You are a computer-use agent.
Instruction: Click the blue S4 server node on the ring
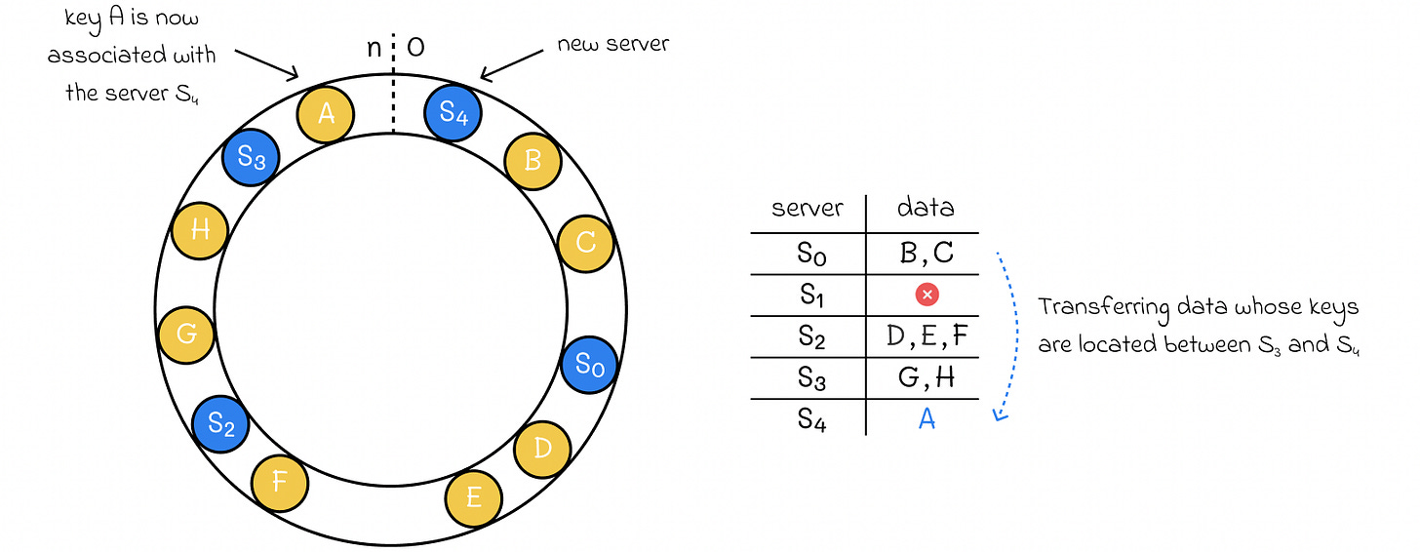click(453, 112)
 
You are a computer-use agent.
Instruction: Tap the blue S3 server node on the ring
click(251, 159)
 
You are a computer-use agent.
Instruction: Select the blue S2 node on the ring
click(220, 424)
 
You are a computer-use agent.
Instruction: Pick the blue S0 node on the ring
click(589, 365)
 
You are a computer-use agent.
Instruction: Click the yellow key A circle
click(326, 115)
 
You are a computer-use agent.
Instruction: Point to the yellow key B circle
click(532, 159)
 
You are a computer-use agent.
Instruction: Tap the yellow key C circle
click(585, 242)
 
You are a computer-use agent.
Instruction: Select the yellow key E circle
click(474, 497)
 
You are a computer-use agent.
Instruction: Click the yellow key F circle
click(280, 481)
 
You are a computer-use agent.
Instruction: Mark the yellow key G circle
click(186, 334)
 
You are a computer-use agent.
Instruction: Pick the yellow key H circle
click(199, 231)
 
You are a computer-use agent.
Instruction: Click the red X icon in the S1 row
click(927, 294)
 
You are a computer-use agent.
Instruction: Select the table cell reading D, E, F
click(927, 335)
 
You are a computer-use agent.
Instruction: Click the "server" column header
click(807, 208)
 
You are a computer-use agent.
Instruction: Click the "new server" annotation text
click(612, 45)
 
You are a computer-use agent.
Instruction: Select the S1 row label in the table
click(810, 294)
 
